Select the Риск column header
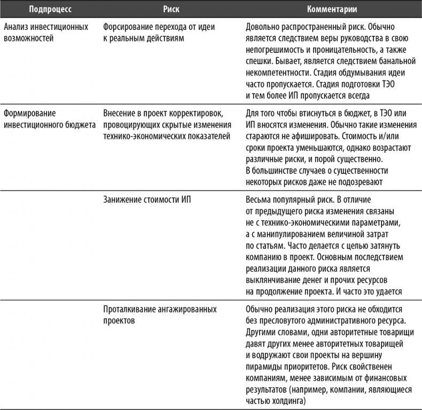167,10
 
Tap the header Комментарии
332,10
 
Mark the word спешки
259,63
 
